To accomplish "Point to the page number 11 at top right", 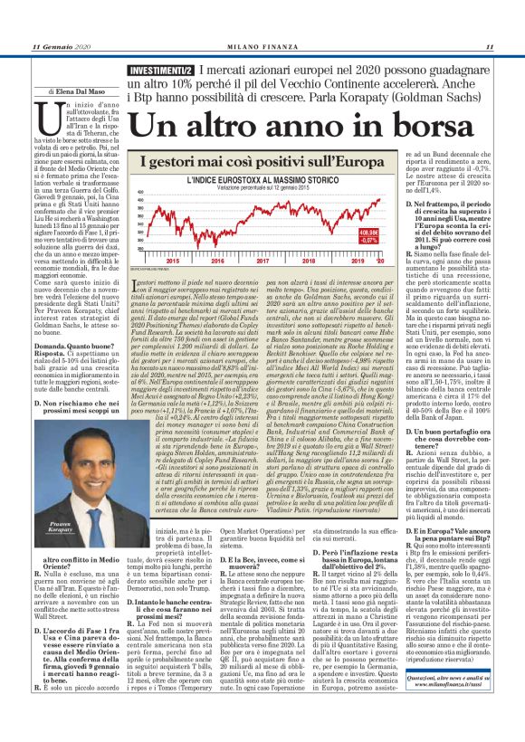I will pos(488,46).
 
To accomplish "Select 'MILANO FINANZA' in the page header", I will pos(262,46).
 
